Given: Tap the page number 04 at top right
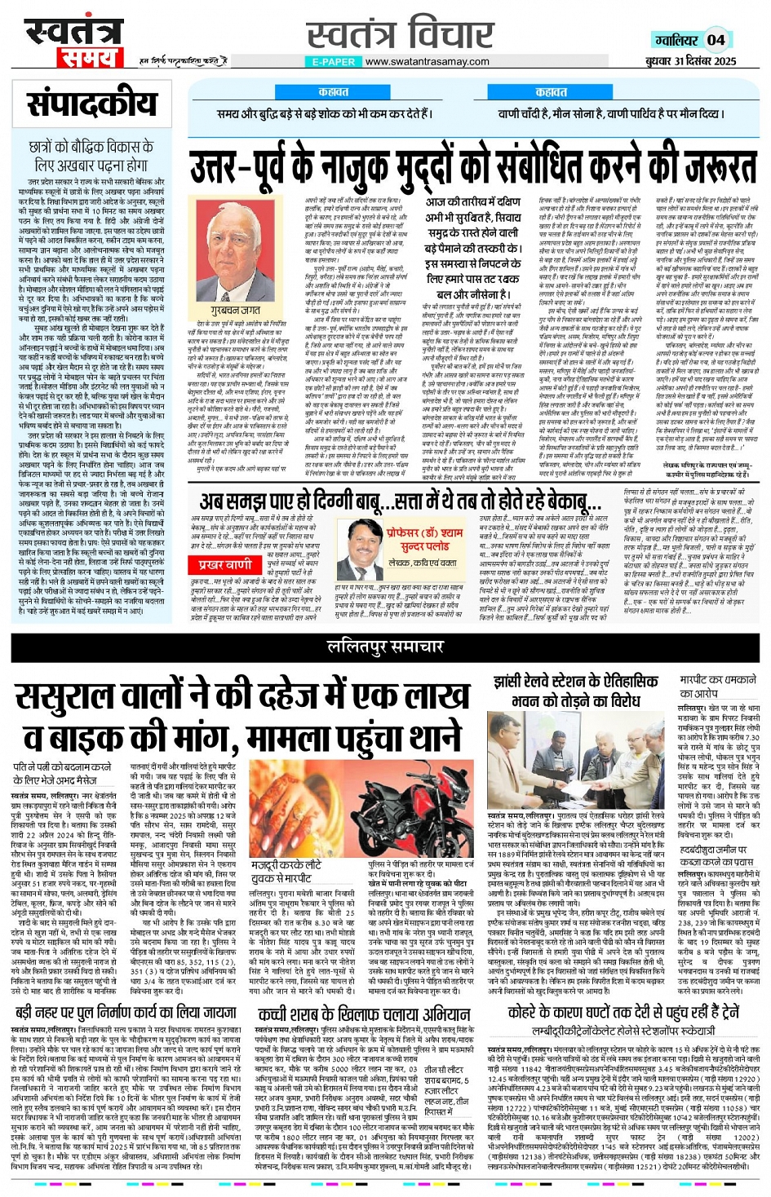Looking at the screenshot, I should click(716, 39).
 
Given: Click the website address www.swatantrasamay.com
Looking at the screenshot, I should click(428, 61).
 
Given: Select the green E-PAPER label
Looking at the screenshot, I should click(334, 61).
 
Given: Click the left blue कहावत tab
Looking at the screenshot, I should click(334, 92).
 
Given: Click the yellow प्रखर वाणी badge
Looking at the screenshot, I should click(225, 564).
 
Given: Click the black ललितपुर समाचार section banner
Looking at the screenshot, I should click(385, 647).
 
